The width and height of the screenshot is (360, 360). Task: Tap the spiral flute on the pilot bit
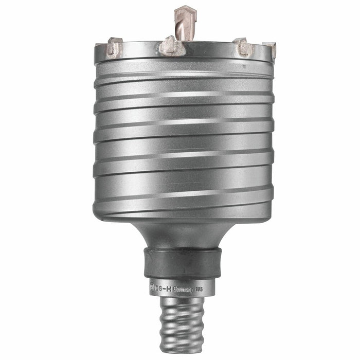[184, 26]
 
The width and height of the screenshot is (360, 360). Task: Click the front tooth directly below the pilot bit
[171, 47]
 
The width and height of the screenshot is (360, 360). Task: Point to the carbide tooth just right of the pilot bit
[243, 47]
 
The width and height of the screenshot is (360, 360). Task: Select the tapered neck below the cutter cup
[183, 234]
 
